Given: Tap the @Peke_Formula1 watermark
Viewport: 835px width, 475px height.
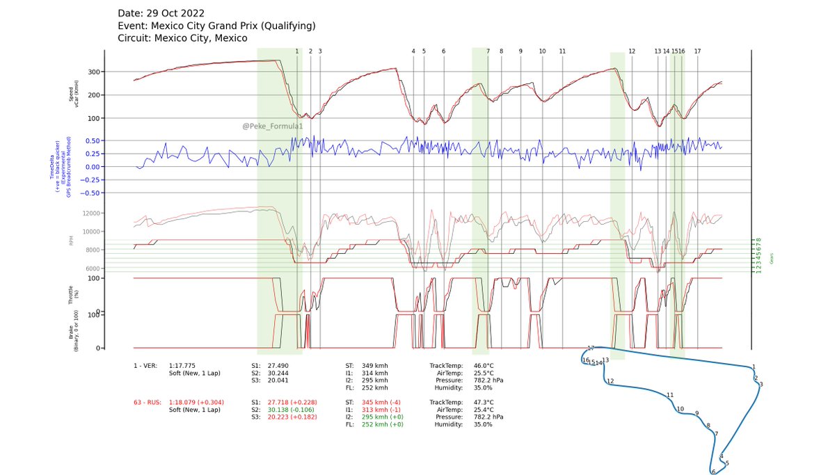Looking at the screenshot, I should click(272, 127).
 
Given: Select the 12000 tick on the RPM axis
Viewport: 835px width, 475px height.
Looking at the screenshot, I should click(92, 214).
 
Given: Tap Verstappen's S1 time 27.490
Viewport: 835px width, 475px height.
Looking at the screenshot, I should click(278, 365).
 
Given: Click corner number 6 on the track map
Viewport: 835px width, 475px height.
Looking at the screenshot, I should click(713, 472).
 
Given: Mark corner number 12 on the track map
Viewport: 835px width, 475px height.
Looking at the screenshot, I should click(610, 381).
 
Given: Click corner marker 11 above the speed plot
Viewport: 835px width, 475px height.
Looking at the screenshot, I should click(562, 51).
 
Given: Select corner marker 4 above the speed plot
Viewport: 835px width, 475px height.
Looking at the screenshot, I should click(413, 51).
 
